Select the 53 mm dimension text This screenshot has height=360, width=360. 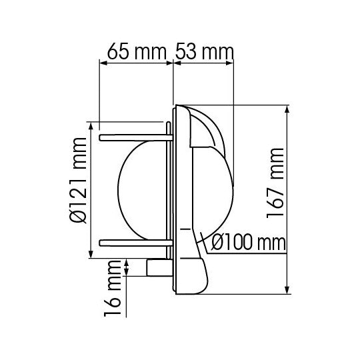(204, 51)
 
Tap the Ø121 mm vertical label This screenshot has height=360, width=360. (79, 189)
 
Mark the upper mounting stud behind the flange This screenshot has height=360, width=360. (133, 138)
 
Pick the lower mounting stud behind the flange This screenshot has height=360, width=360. (133, 240)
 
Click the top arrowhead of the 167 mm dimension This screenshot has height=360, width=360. (288, 109)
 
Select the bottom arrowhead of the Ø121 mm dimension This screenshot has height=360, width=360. (91, 253)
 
